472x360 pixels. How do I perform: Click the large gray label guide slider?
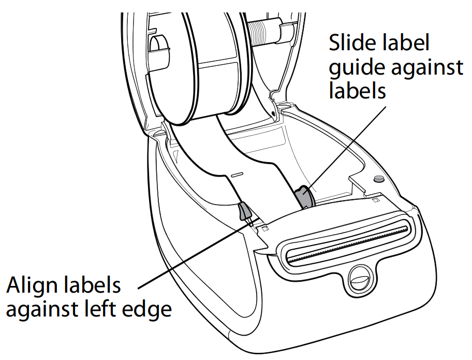303,197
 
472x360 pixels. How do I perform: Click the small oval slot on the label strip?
237,175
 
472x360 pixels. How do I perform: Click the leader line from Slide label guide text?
346,147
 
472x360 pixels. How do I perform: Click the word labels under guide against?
357,90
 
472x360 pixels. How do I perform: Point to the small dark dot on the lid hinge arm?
273,113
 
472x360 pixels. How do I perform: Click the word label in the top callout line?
403,42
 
